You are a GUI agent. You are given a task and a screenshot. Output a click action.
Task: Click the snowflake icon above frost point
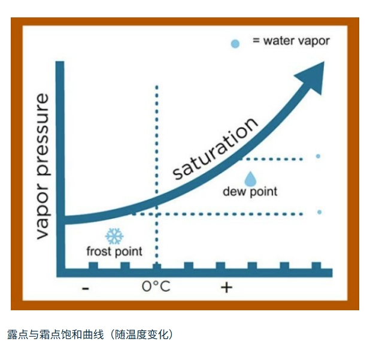coord(114,236)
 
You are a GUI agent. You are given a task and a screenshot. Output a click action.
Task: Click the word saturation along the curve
coord(215,148)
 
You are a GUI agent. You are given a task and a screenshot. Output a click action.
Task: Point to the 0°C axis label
coord(156,286)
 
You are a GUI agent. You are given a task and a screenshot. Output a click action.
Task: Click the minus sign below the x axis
coord(86,288)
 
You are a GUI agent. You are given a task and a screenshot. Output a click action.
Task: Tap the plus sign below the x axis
coord(226,288)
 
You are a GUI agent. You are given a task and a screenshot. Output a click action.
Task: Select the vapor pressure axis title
coord(43,167)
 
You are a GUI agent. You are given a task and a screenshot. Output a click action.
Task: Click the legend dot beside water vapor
coord(235,44)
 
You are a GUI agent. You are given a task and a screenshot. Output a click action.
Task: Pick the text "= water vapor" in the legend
coord(291,41)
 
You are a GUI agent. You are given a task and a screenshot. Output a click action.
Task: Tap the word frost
coord(98,251)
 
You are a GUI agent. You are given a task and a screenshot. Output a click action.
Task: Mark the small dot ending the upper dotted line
coord(318,156)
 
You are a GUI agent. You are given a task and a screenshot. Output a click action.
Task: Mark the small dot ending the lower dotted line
coord(319,212)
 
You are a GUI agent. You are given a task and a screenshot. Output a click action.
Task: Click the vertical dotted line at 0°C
coord(157,175)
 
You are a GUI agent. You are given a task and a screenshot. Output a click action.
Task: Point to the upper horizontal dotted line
coord(271,159)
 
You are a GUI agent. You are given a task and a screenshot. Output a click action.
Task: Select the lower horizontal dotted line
coord(217,214)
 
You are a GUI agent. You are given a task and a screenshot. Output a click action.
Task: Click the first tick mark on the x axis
coord(93,266)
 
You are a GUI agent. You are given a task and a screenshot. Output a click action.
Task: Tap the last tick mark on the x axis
coord(316,266)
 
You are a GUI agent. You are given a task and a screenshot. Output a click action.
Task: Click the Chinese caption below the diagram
coord(90,334)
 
